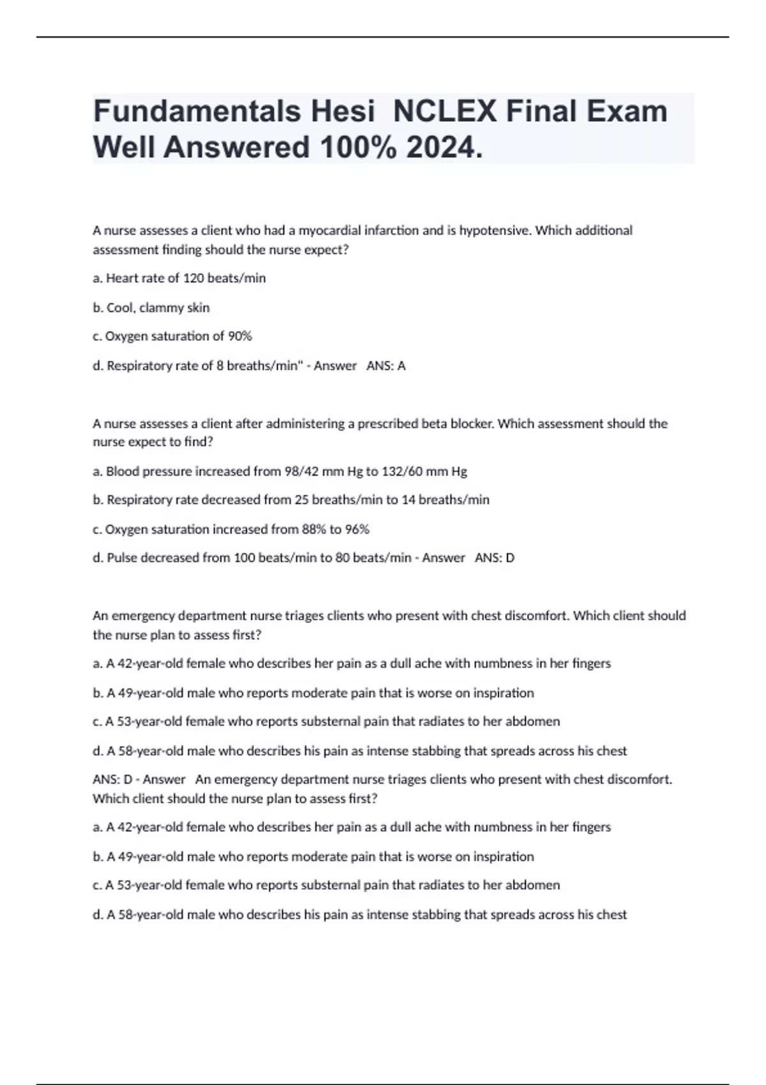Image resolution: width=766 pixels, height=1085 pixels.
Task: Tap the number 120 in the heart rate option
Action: (193, 278)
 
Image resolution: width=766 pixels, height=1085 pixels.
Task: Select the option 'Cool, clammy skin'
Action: (158, 308)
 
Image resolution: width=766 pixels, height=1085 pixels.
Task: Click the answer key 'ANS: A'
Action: (386, 366)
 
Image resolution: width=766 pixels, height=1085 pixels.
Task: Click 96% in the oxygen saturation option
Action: (357, 529)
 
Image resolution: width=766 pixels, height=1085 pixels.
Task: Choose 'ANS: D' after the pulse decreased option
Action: (495, 558)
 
